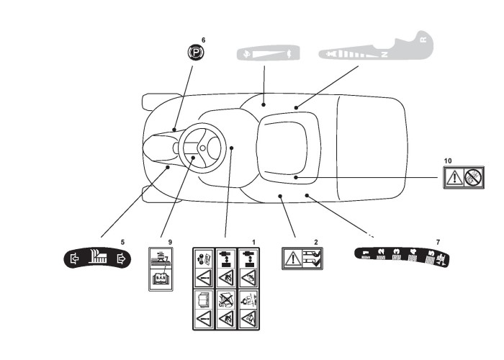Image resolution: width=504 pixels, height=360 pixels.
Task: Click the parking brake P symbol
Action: click(193, 52)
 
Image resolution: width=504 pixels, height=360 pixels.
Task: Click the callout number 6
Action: click(203, 40)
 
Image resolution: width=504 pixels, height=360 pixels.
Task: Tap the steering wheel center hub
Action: click(202, 150)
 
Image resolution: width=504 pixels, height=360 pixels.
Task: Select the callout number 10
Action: click(448, 160)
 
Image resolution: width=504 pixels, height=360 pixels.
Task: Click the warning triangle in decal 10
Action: click(454, 177)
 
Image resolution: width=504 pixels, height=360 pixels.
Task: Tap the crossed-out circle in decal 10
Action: click(473, 177)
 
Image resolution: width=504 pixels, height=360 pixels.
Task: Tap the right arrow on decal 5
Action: click(121, 257)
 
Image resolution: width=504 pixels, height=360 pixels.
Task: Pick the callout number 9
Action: click(171, 241)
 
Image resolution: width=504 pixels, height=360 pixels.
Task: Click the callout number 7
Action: click(438, 241)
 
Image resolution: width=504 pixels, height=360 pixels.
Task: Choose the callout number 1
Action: click(252, 240)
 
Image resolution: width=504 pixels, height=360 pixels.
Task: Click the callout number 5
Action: click(122, 241)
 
